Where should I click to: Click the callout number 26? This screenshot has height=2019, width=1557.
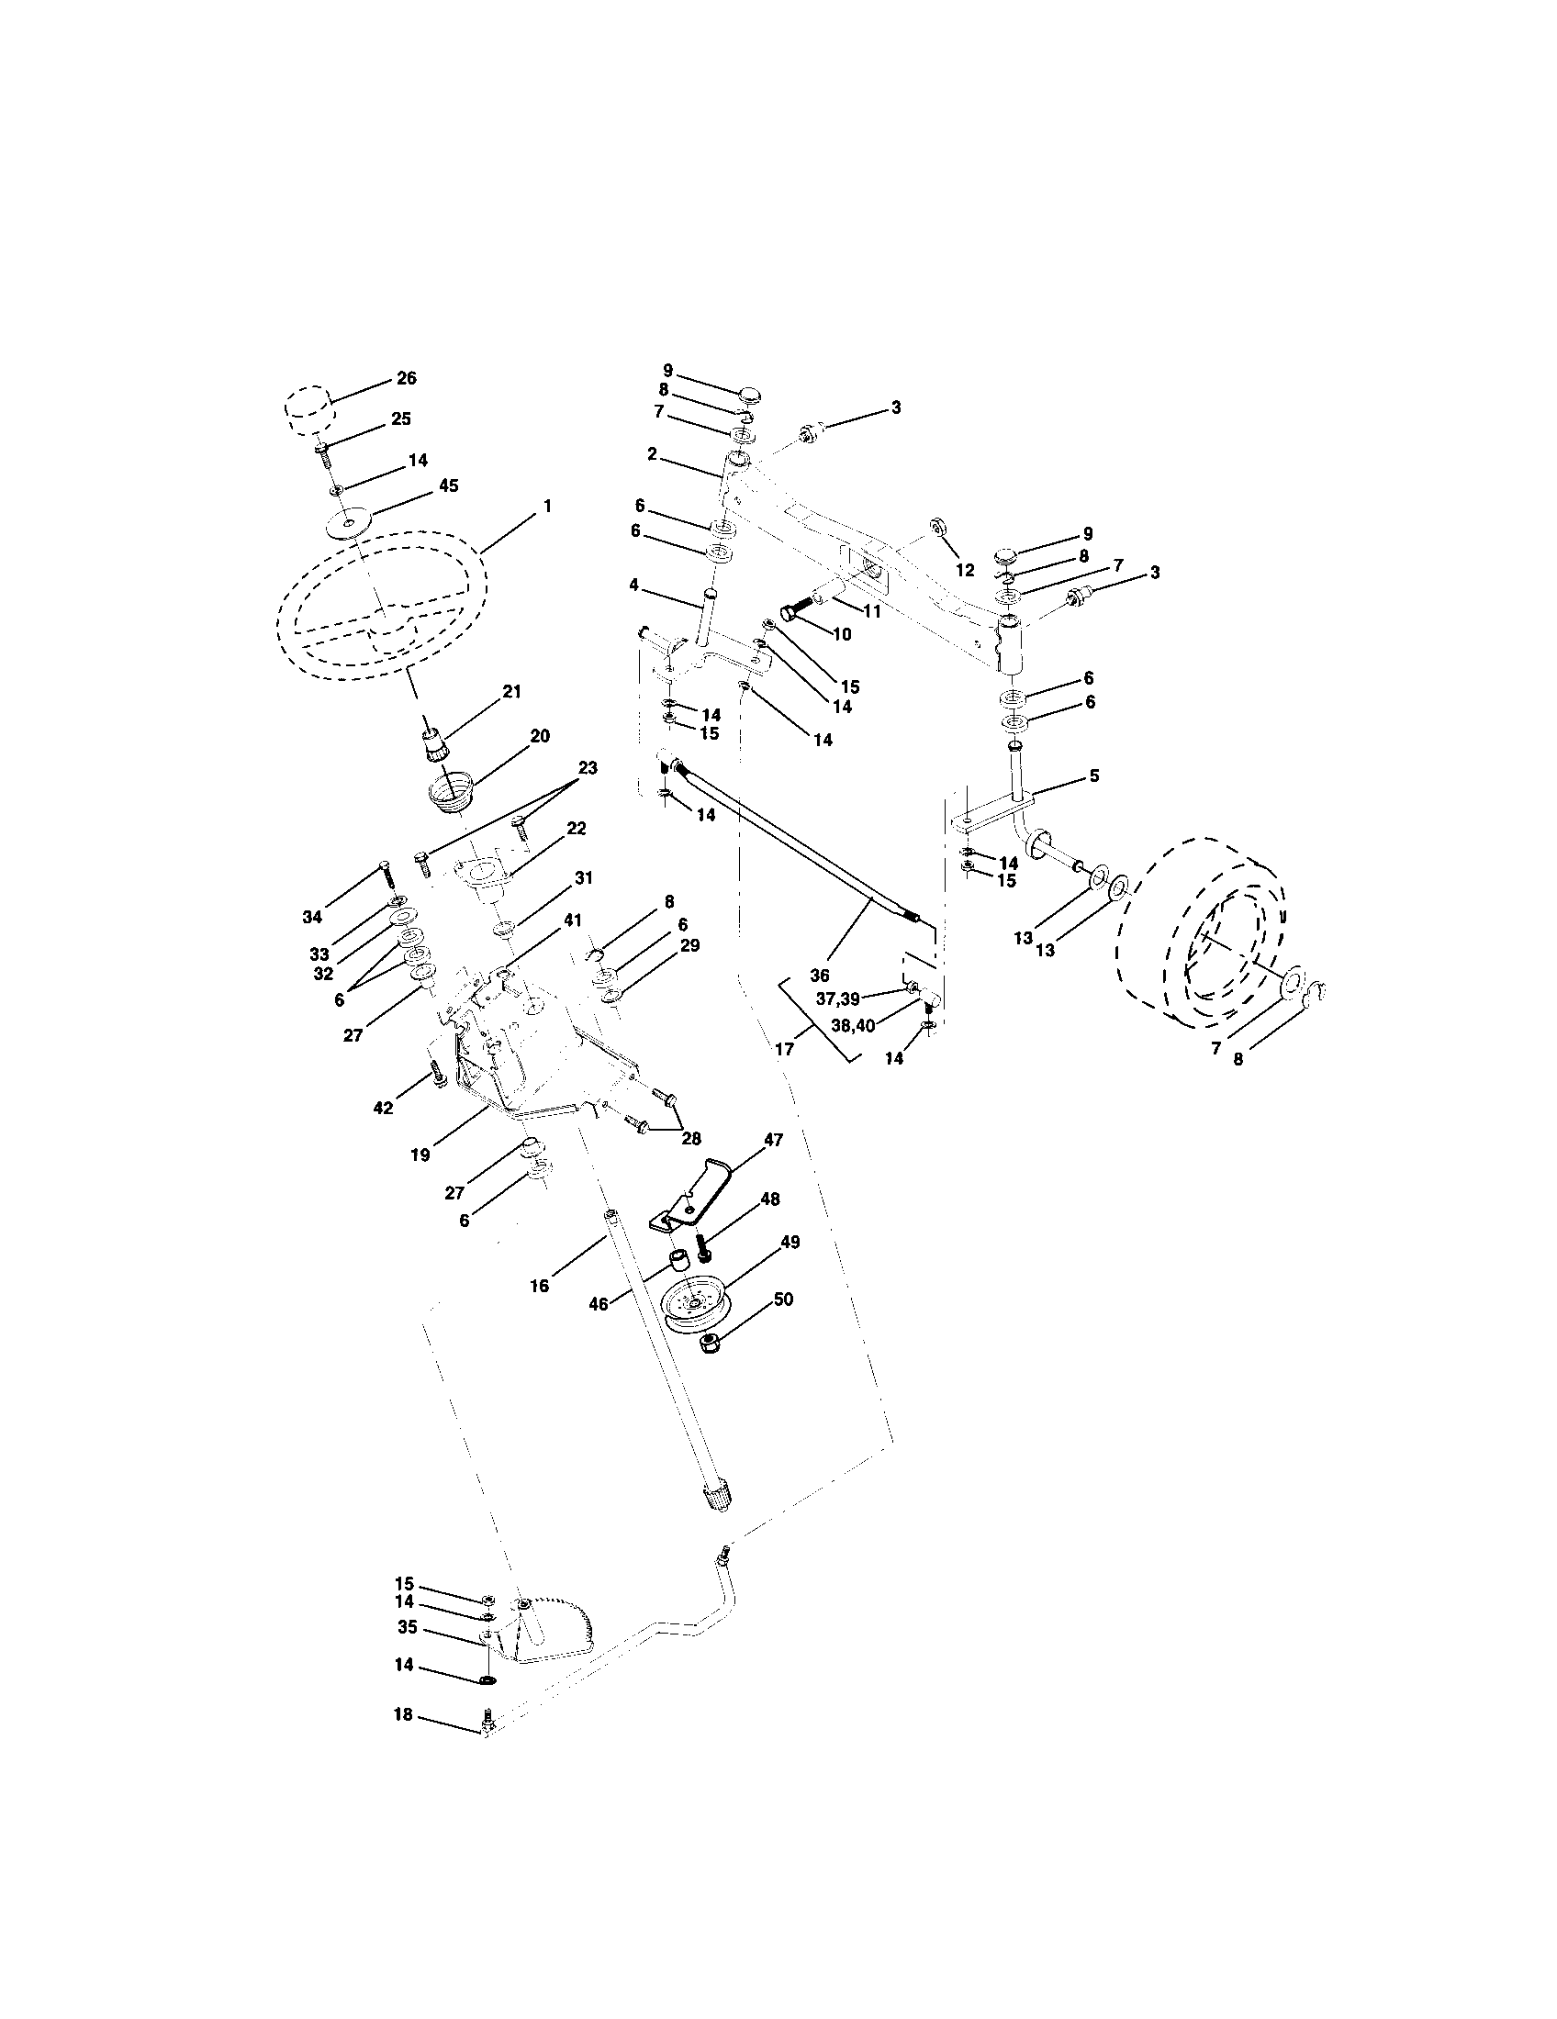tap(406, 378)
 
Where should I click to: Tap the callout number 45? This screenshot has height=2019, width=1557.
tap(447, 485)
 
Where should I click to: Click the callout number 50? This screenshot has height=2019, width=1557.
tap(782, 1300)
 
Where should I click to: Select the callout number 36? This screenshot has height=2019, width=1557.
tap(819, 975)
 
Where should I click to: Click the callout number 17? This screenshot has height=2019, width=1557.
tap(784, 1050)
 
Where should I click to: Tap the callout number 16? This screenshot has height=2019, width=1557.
tap(539, 1285)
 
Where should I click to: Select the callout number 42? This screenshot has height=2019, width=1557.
tap(383, 1108)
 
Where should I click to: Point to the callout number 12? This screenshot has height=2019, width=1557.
tap(964, 572)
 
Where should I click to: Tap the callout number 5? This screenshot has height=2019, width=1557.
tap(1093, 775)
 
